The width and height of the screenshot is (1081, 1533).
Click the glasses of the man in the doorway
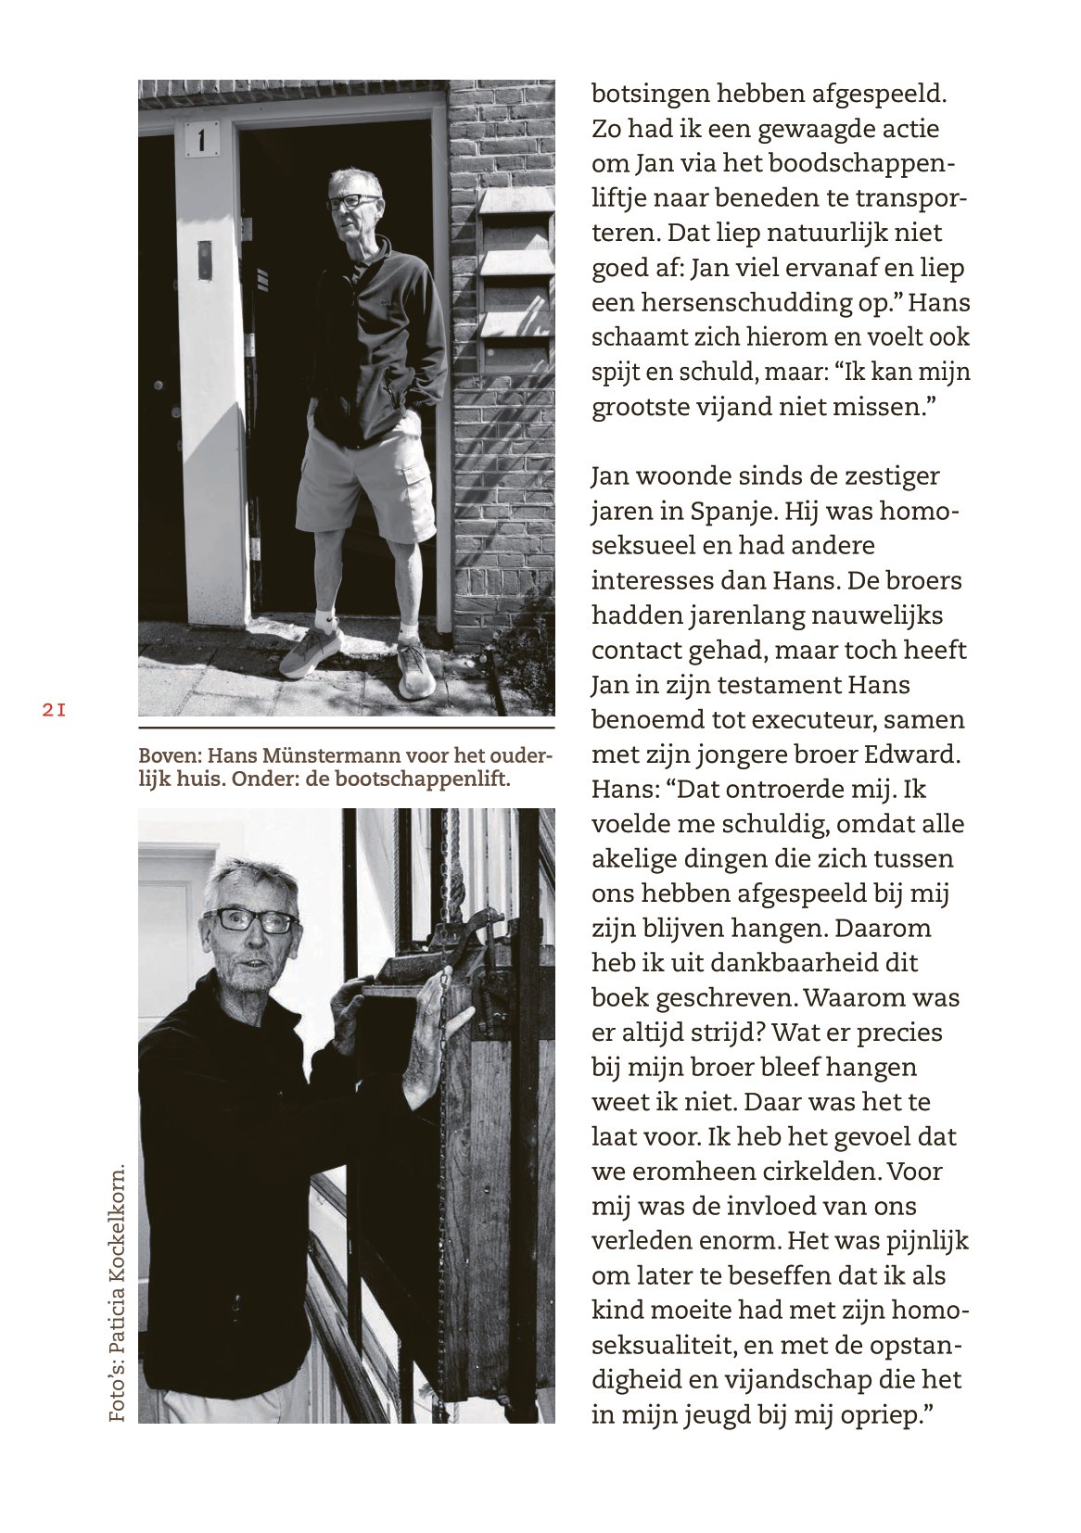click(352, 201)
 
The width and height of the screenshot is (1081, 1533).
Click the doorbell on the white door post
click(204, 260)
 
